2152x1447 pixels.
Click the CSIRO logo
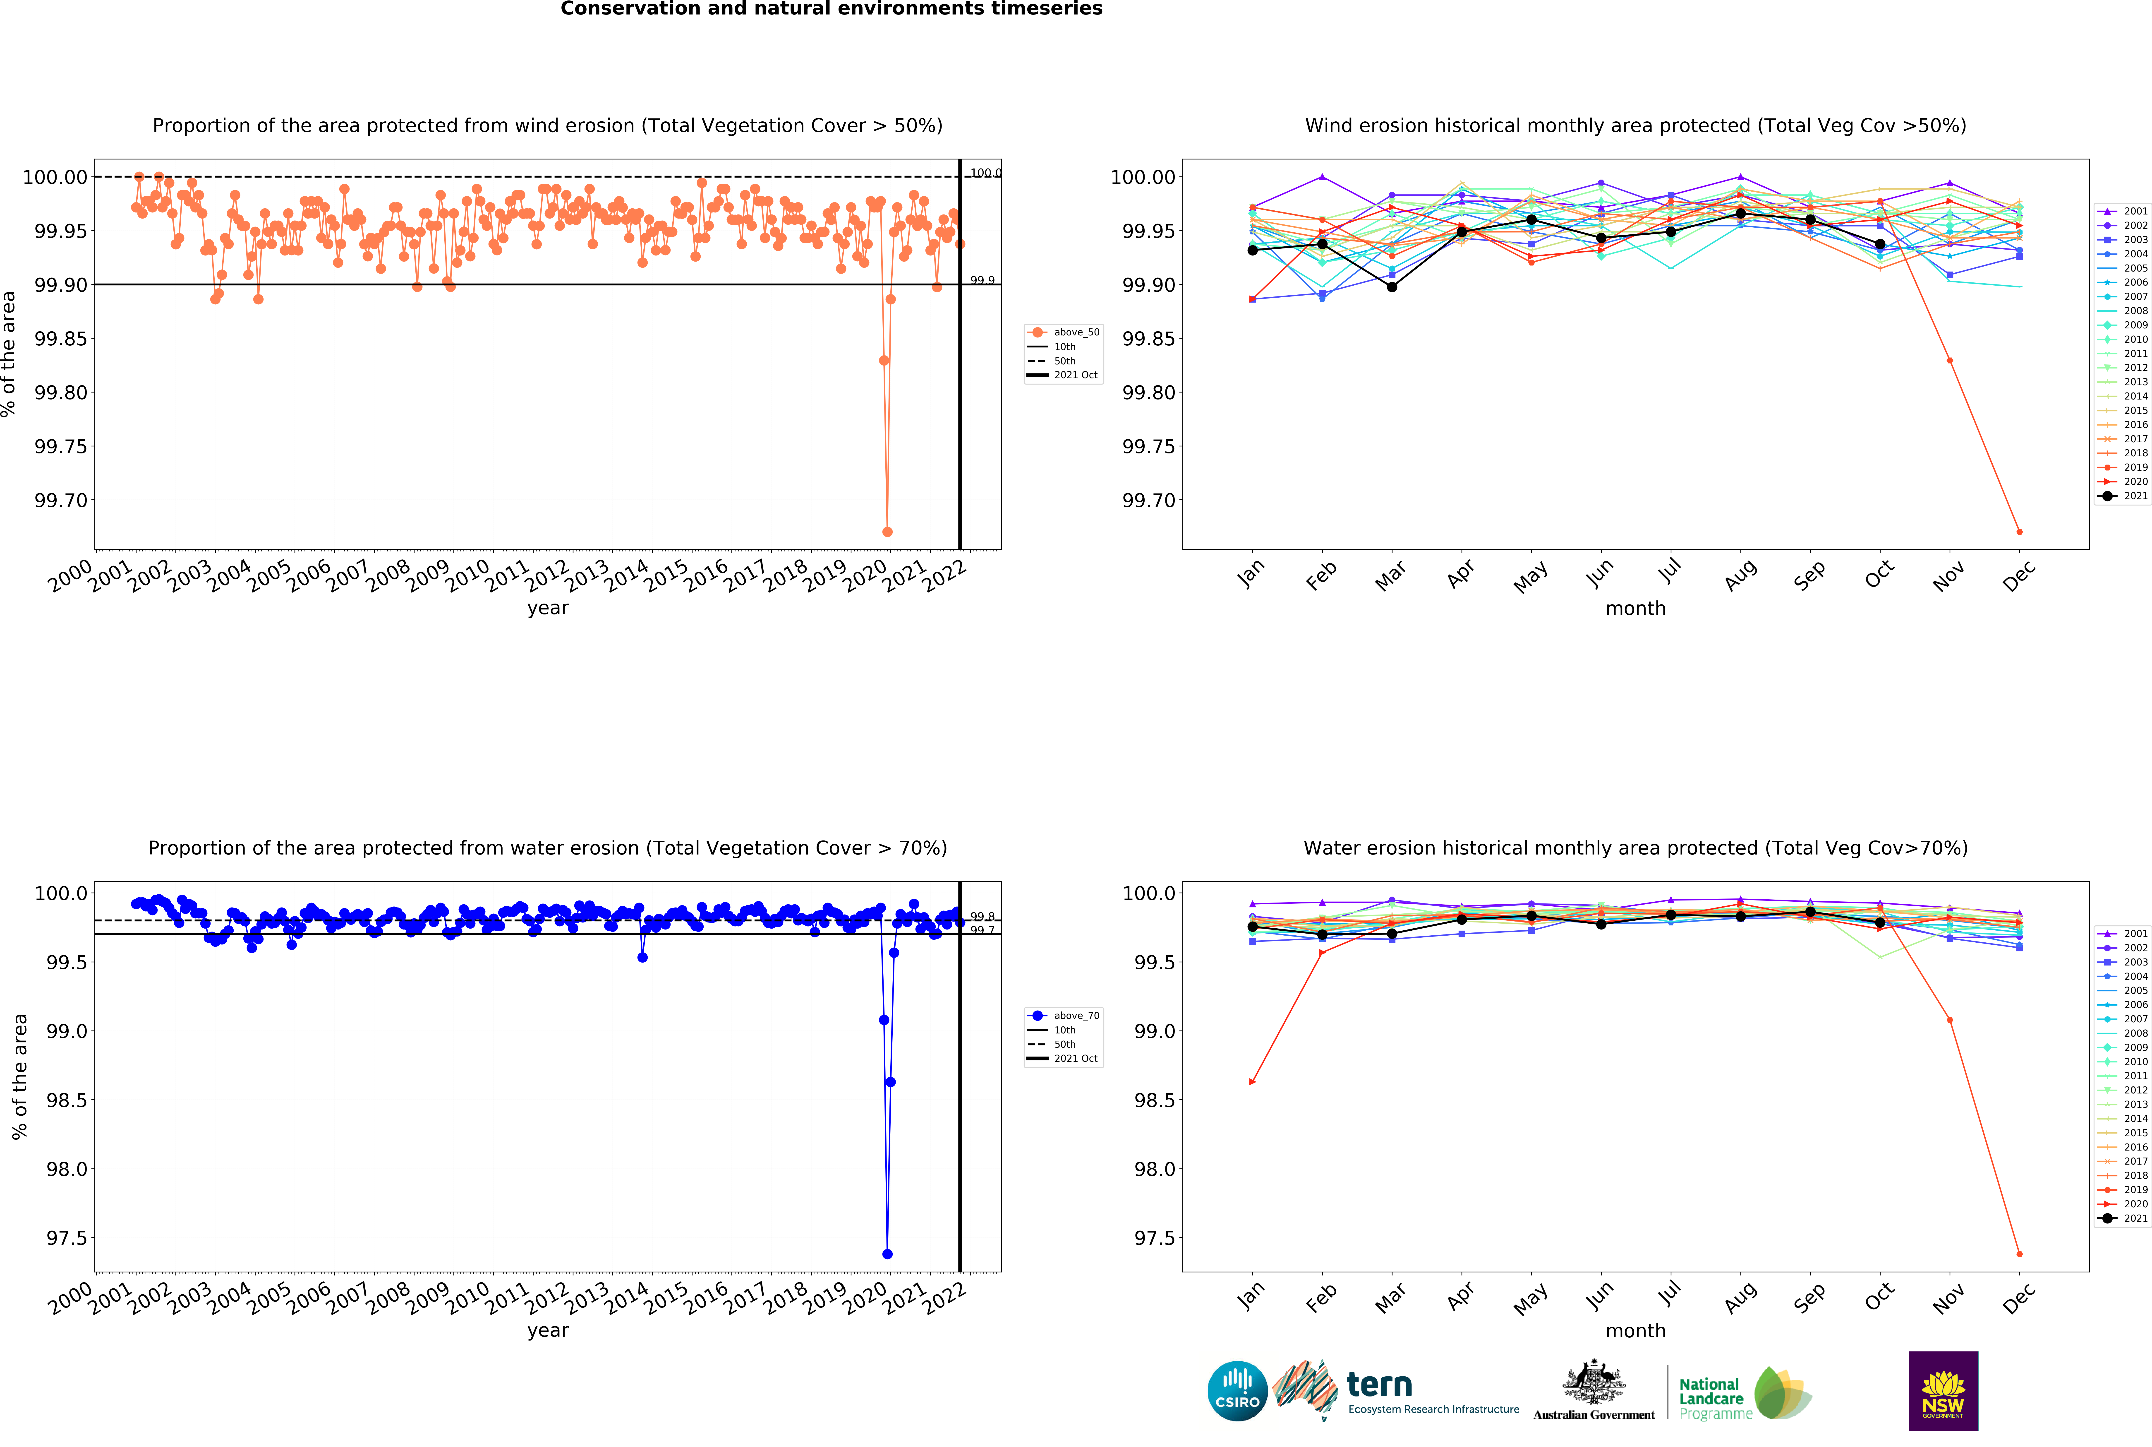1237,1391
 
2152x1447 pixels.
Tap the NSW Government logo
1943,1391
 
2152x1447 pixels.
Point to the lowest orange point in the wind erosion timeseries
887,532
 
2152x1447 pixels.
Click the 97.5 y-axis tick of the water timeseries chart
67,1238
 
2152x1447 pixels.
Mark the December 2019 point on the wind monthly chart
2019,532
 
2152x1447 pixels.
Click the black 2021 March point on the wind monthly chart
1392,287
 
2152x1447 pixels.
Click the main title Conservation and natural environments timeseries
831,9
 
